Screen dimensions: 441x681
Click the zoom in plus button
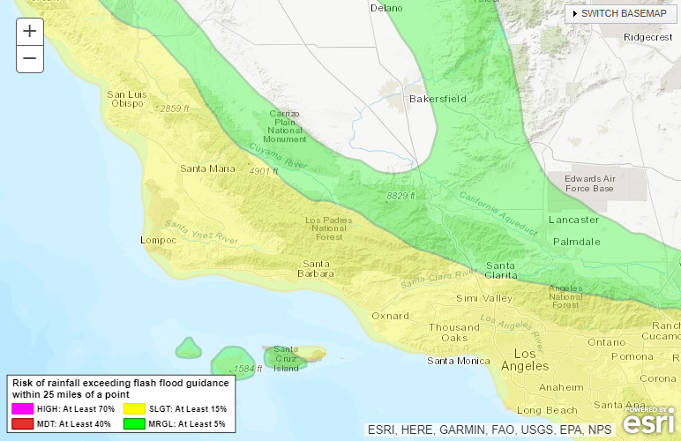[x=30, y=31]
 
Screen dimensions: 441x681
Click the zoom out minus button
[x=30, y=59]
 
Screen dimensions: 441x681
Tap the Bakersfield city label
[x=438, y=99]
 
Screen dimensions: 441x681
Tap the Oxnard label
[x=390, y=315]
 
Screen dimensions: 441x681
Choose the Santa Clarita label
[x=500, y=270]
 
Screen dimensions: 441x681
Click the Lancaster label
[x=573, y=220]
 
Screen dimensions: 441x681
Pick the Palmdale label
[x=576, y=241]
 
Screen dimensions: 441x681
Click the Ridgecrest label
[x=647, y=37]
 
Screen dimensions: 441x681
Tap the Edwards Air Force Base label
[x=588, y=183]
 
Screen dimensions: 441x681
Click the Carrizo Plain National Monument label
[x=285, y=127]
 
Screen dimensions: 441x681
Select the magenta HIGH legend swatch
[x=22, y=409]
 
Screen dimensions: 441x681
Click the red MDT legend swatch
[x=22, y=424]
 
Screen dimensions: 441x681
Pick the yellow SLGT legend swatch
[x=133, y=409]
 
